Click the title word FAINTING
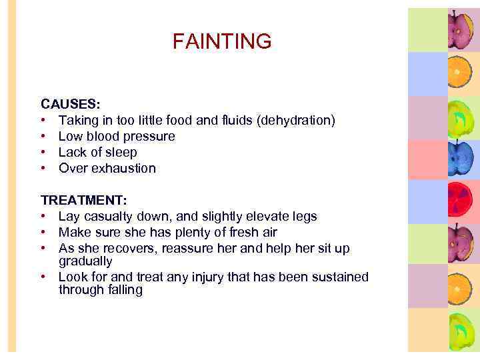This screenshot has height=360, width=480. [x=222, y=42]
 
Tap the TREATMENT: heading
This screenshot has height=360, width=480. [x=83, y=201]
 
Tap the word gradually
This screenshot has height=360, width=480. [x=85, y=261]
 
